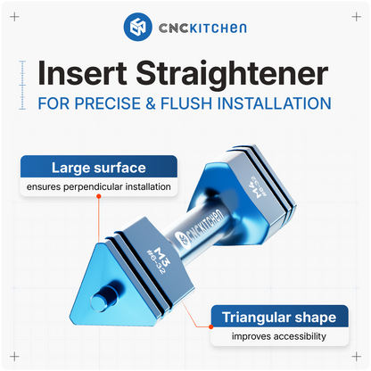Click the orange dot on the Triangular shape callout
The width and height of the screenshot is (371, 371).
[210, 327]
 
